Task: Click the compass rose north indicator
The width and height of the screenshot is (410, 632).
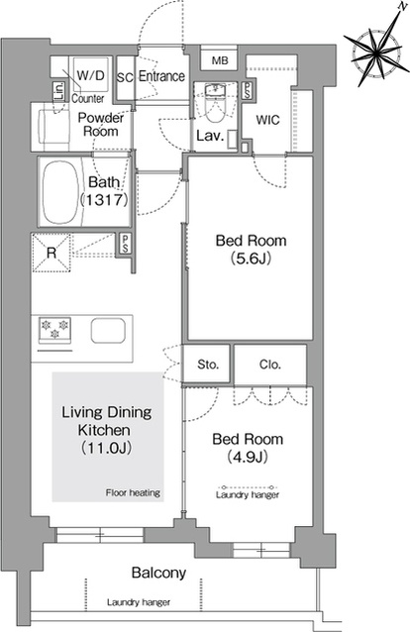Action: [x=375, y=49]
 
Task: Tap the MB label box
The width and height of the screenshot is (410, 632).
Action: [x=220, y=60]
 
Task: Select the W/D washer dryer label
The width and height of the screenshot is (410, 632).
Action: [x=90, y=75]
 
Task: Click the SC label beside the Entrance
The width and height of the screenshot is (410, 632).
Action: [x=125, y=78]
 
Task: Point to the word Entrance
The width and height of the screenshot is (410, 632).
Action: [x=161, y=76]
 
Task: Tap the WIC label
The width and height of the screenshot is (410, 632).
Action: [x=267, y=120]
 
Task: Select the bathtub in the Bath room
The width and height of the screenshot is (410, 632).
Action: [x=60, y=192]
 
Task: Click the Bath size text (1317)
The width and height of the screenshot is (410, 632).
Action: [x=104, y=199]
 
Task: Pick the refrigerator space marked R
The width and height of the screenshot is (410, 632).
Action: [x=51, y=253]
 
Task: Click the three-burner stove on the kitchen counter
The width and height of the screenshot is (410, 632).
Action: [x=54, y=330]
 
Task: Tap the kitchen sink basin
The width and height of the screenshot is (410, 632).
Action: [x=108, y=331]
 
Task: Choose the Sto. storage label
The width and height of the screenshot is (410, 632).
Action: [x=208, y=365]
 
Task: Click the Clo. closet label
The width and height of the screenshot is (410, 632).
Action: [x=269, y=365]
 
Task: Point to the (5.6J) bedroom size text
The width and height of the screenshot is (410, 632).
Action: [x=251, y=259]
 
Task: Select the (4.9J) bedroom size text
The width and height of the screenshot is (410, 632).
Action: [x=248, y=457]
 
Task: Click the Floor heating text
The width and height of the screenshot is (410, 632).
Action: [x=133, y=492]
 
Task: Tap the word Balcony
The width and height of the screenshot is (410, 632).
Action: [x=158, y=573]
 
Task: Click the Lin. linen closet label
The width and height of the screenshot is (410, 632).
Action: [x=58, y=91]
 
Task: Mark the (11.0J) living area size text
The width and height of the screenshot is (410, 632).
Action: [x=106, y=448]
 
